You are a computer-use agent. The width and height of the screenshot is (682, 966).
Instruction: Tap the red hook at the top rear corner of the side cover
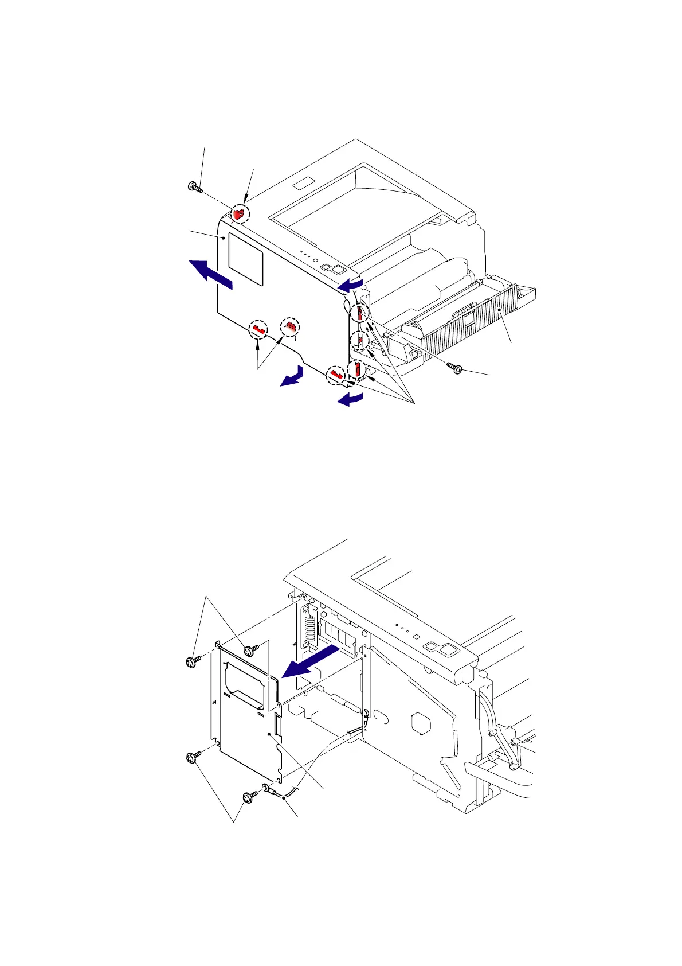pos(241,215)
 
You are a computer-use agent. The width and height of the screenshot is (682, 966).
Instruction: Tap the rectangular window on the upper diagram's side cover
pos(246,259)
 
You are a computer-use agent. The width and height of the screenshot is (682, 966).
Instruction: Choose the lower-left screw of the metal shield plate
pos(191,758)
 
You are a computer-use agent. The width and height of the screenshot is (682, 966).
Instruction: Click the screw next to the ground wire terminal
pos(250,797)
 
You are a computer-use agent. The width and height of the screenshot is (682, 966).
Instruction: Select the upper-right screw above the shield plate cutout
pos(250,651)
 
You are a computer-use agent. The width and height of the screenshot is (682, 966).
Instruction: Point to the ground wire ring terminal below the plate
pos(267,788)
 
